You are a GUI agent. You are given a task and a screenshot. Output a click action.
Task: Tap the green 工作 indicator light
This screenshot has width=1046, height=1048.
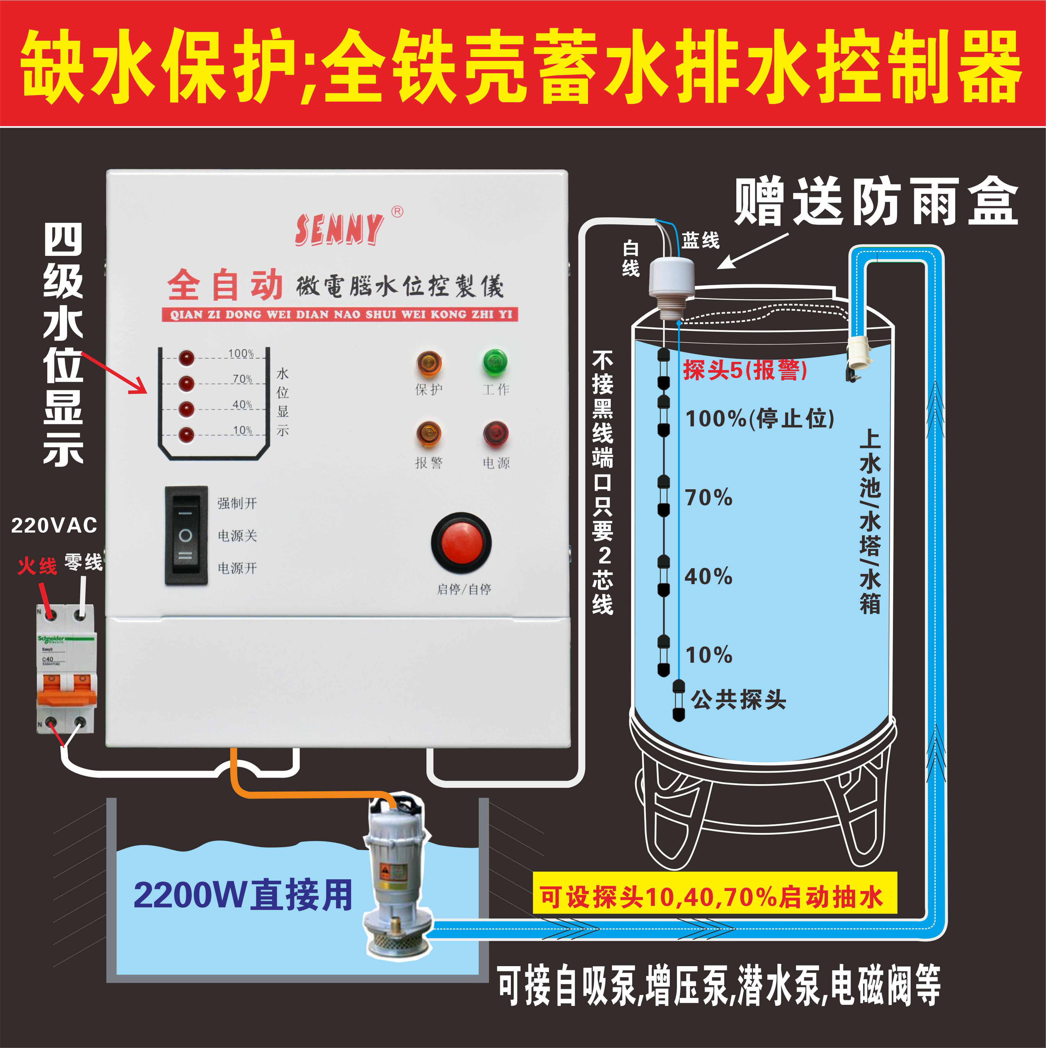tap(495, 362)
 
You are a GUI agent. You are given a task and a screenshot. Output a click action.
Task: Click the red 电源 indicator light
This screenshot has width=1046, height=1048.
tap(495, 434)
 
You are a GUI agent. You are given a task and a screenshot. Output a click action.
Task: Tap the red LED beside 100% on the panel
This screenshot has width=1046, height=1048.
tap(186, 358)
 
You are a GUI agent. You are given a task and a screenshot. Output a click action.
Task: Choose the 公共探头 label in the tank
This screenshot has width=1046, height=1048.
tap(738, 700)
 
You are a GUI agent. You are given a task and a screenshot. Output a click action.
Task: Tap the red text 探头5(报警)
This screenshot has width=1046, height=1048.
tap(744, 370)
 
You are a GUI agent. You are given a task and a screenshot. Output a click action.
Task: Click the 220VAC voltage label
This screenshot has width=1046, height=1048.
tap(54, 525)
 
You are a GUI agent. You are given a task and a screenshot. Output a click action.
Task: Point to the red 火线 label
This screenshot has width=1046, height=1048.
tap(37, 566)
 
